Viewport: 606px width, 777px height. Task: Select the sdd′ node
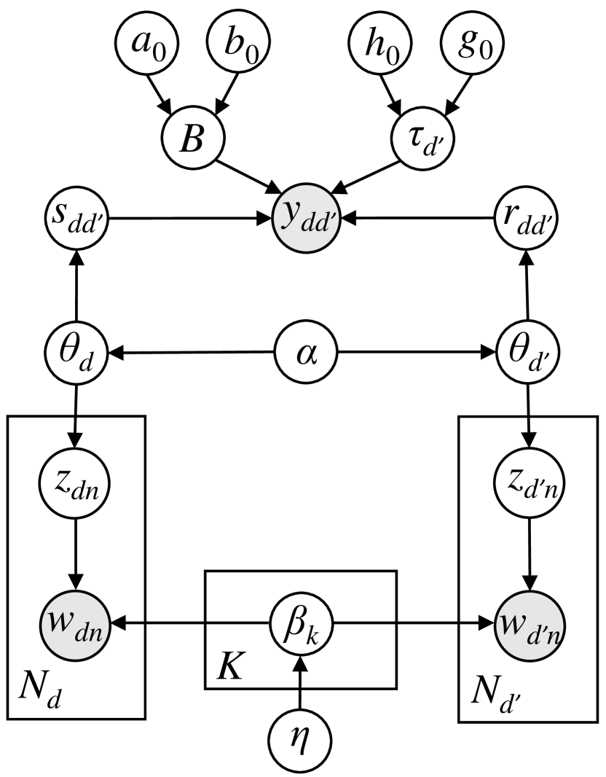[76, 217]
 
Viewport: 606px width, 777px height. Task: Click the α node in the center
[304, 355]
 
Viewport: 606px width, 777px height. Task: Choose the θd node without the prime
[76, 355]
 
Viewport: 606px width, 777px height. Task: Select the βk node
[299, 624]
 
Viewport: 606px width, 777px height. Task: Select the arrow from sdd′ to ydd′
[189, 217]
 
